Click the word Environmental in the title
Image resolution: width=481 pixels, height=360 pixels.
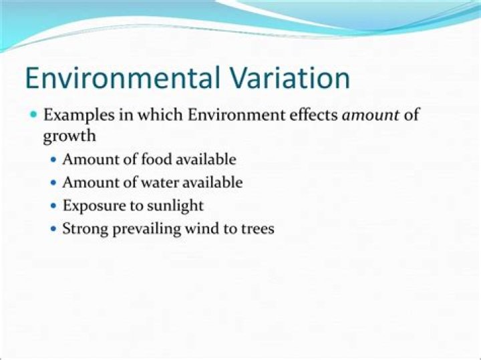(x=122, y=78)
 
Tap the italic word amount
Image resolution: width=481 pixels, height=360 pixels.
(x=371, y=114)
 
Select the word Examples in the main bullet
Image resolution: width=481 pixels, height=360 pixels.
(x=75, y=114)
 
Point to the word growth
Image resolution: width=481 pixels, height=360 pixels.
(x=69, y=136)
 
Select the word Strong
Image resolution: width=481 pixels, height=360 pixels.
(x=83, y=228)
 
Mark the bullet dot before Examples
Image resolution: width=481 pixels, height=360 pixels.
(x=34, y=115)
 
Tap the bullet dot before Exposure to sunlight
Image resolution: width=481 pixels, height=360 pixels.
(x=54, y=206)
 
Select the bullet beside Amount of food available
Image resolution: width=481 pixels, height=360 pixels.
(x=54, y=160)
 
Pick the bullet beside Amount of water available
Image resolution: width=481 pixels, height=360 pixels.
(x=54, y=183)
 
